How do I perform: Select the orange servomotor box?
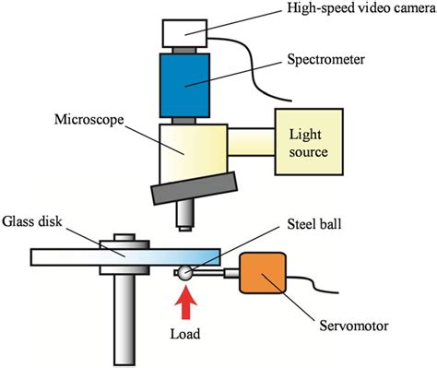point(265,274)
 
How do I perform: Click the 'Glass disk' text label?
point(34,220)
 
